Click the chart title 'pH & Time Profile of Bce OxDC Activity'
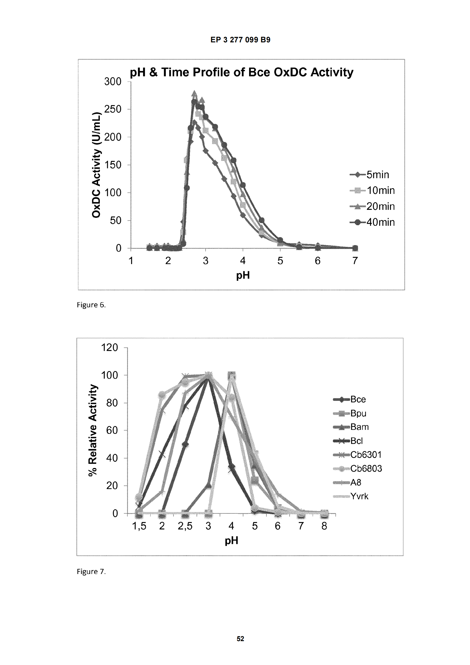click(x=241, y=72)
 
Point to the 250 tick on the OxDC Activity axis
click(x=113, y=109)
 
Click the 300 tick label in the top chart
click(x=113, y=82)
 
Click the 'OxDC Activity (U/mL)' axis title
click(x=96, y=165)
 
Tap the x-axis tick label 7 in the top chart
click(x=355, y=261)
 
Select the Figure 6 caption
click(x=91, y=305)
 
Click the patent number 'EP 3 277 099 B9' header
click(x=240, y=40)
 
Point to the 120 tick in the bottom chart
click(x=109, y=347)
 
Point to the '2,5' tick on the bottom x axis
click(x=185, y=526)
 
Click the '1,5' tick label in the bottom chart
click(x=139, y=526)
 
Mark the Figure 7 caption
click(x=91, y=571)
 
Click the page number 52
click(x=240, y=639)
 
